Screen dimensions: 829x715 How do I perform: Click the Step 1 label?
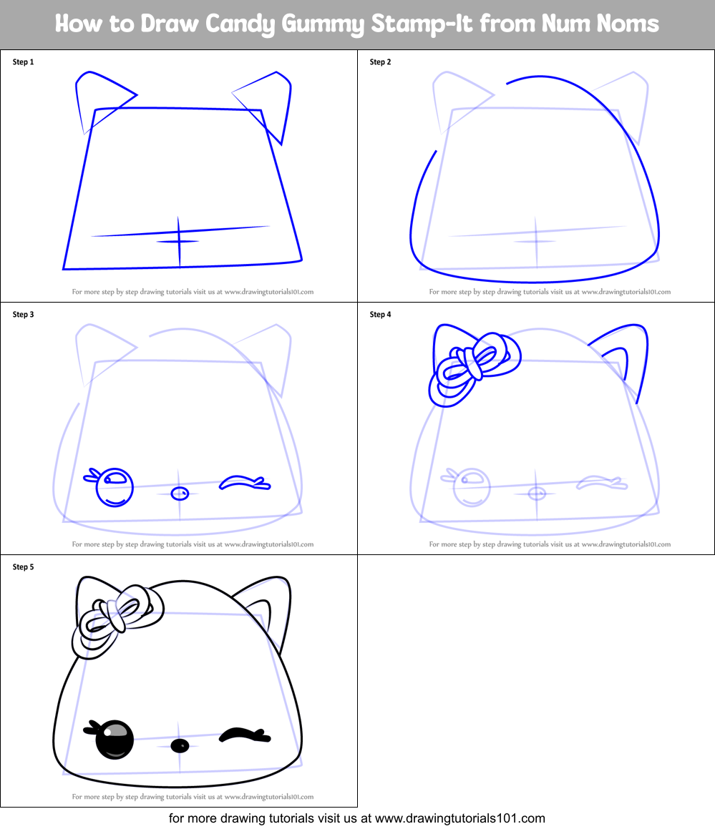click(x=23, y=62)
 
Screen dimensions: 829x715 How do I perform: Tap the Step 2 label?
click(x=380, y=62)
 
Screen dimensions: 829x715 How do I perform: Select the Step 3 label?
click(x=23, y=315)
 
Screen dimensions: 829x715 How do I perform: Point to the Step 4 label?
click(x=380, y=315)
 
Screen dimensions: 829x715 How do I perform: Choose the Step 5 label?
click(x=23, y=567)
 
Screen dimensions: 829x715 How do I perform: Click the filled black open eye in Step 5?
click(x=115, y=740)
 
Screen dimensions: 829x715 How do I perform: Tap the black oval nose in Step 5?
click(x=180, y=746)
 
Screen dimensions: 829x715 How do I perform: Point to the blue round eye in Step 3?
click(x=115, y=486)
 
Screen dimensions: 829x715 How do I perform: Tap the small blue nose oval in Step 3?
click(x=180, y=493)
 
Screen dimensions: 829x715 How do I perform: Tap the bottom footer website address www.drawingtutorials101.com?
click(x=460, y=818)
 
